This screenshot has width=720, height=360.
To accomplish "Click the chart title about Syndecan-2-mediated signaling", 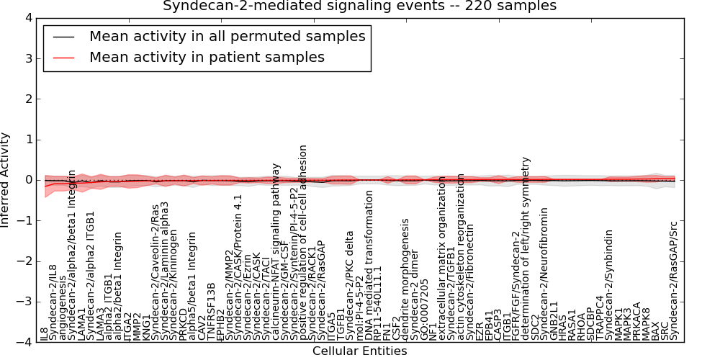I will [359, 6].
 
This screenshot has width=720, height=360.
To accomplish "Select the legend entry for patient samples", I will [207, 57].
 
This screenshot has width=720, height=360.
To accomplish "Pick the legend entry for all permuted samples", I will [227, 36].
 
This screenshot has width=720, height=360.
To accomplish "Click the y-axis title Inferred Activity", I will [6, 180].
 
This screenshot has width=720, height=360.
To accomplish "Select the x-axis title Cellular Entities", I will [359, 351].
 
